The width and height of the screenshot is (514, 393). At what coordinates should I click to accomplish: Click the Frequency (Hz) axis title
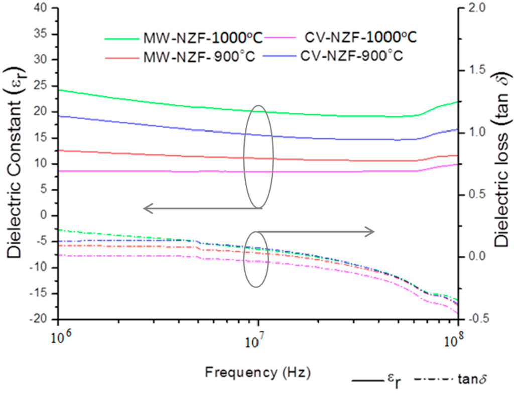click(x=258, y=373)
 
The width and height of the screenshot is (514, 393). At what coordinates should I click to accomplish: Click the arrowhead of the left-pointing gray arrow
click(x=146, y=208)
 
